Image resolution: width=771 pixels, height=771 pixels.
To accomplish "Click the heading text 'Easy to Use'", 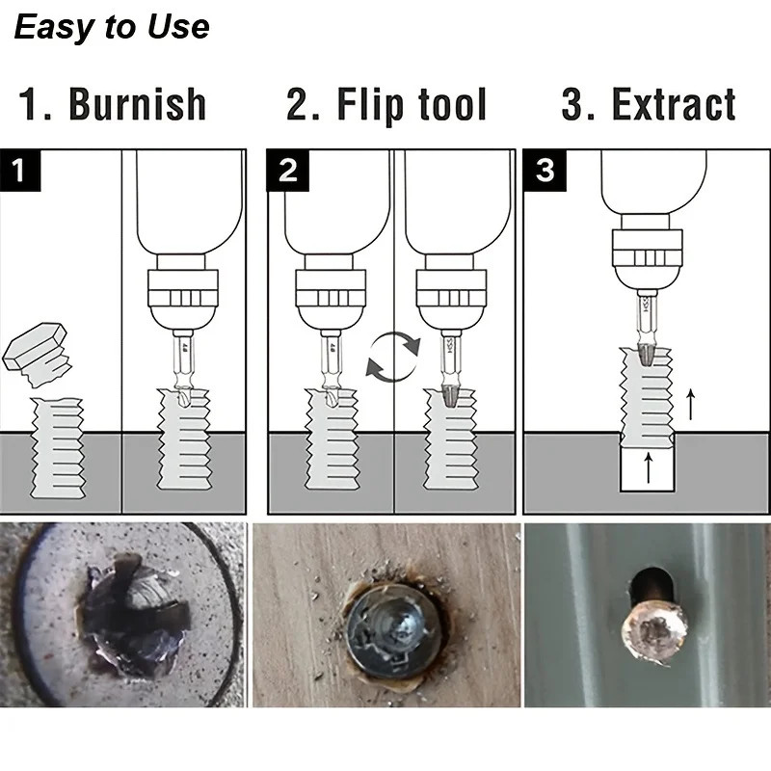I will coord(112,26).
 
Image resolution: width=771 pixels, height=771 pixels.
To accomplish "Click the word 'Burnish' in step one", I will coord(137,105).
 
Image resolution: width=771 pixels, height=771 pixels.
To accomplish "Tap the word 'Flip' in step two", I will coord(372,105).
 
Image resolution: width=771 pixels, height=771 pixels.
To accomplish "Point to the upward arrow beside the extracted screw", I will coord(690,405).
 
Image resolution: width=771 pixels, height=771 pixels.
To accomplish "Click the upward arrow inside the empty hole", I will coord(648,469).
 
